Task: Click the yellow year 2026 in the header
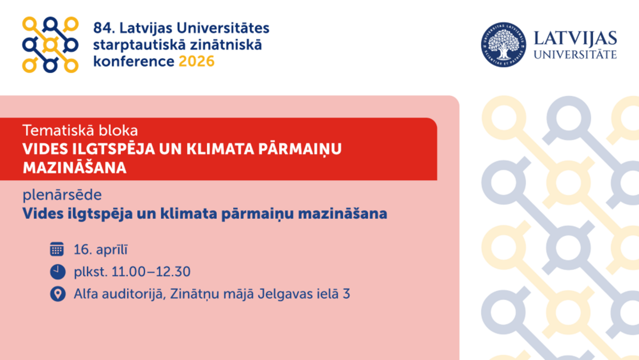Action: (196, 61)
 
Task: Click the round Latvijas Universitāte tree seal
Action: (504, 45)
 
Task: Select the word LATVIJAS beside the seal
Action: (575, 39)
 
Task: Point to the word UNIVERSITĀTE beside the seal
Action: (575, 54)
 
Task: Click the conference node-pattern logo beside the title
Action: (50, 45)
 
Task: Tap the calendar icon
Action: (57, 249)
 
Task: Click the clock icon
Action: (58, 272)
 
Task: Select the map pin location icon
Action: (58, 294)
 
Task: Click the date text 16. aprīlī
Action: (101, 250)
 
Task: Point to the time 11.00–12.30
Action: (151, 272)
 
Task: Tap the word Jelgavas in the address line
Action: (285, 294)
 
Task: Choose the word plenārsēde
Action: (62, 195)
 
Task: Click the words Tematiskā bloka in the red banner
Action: (80, 130)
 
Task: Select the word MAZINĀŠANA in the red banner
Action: (75, 167)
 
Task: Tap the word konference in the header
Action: (134, 61)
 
